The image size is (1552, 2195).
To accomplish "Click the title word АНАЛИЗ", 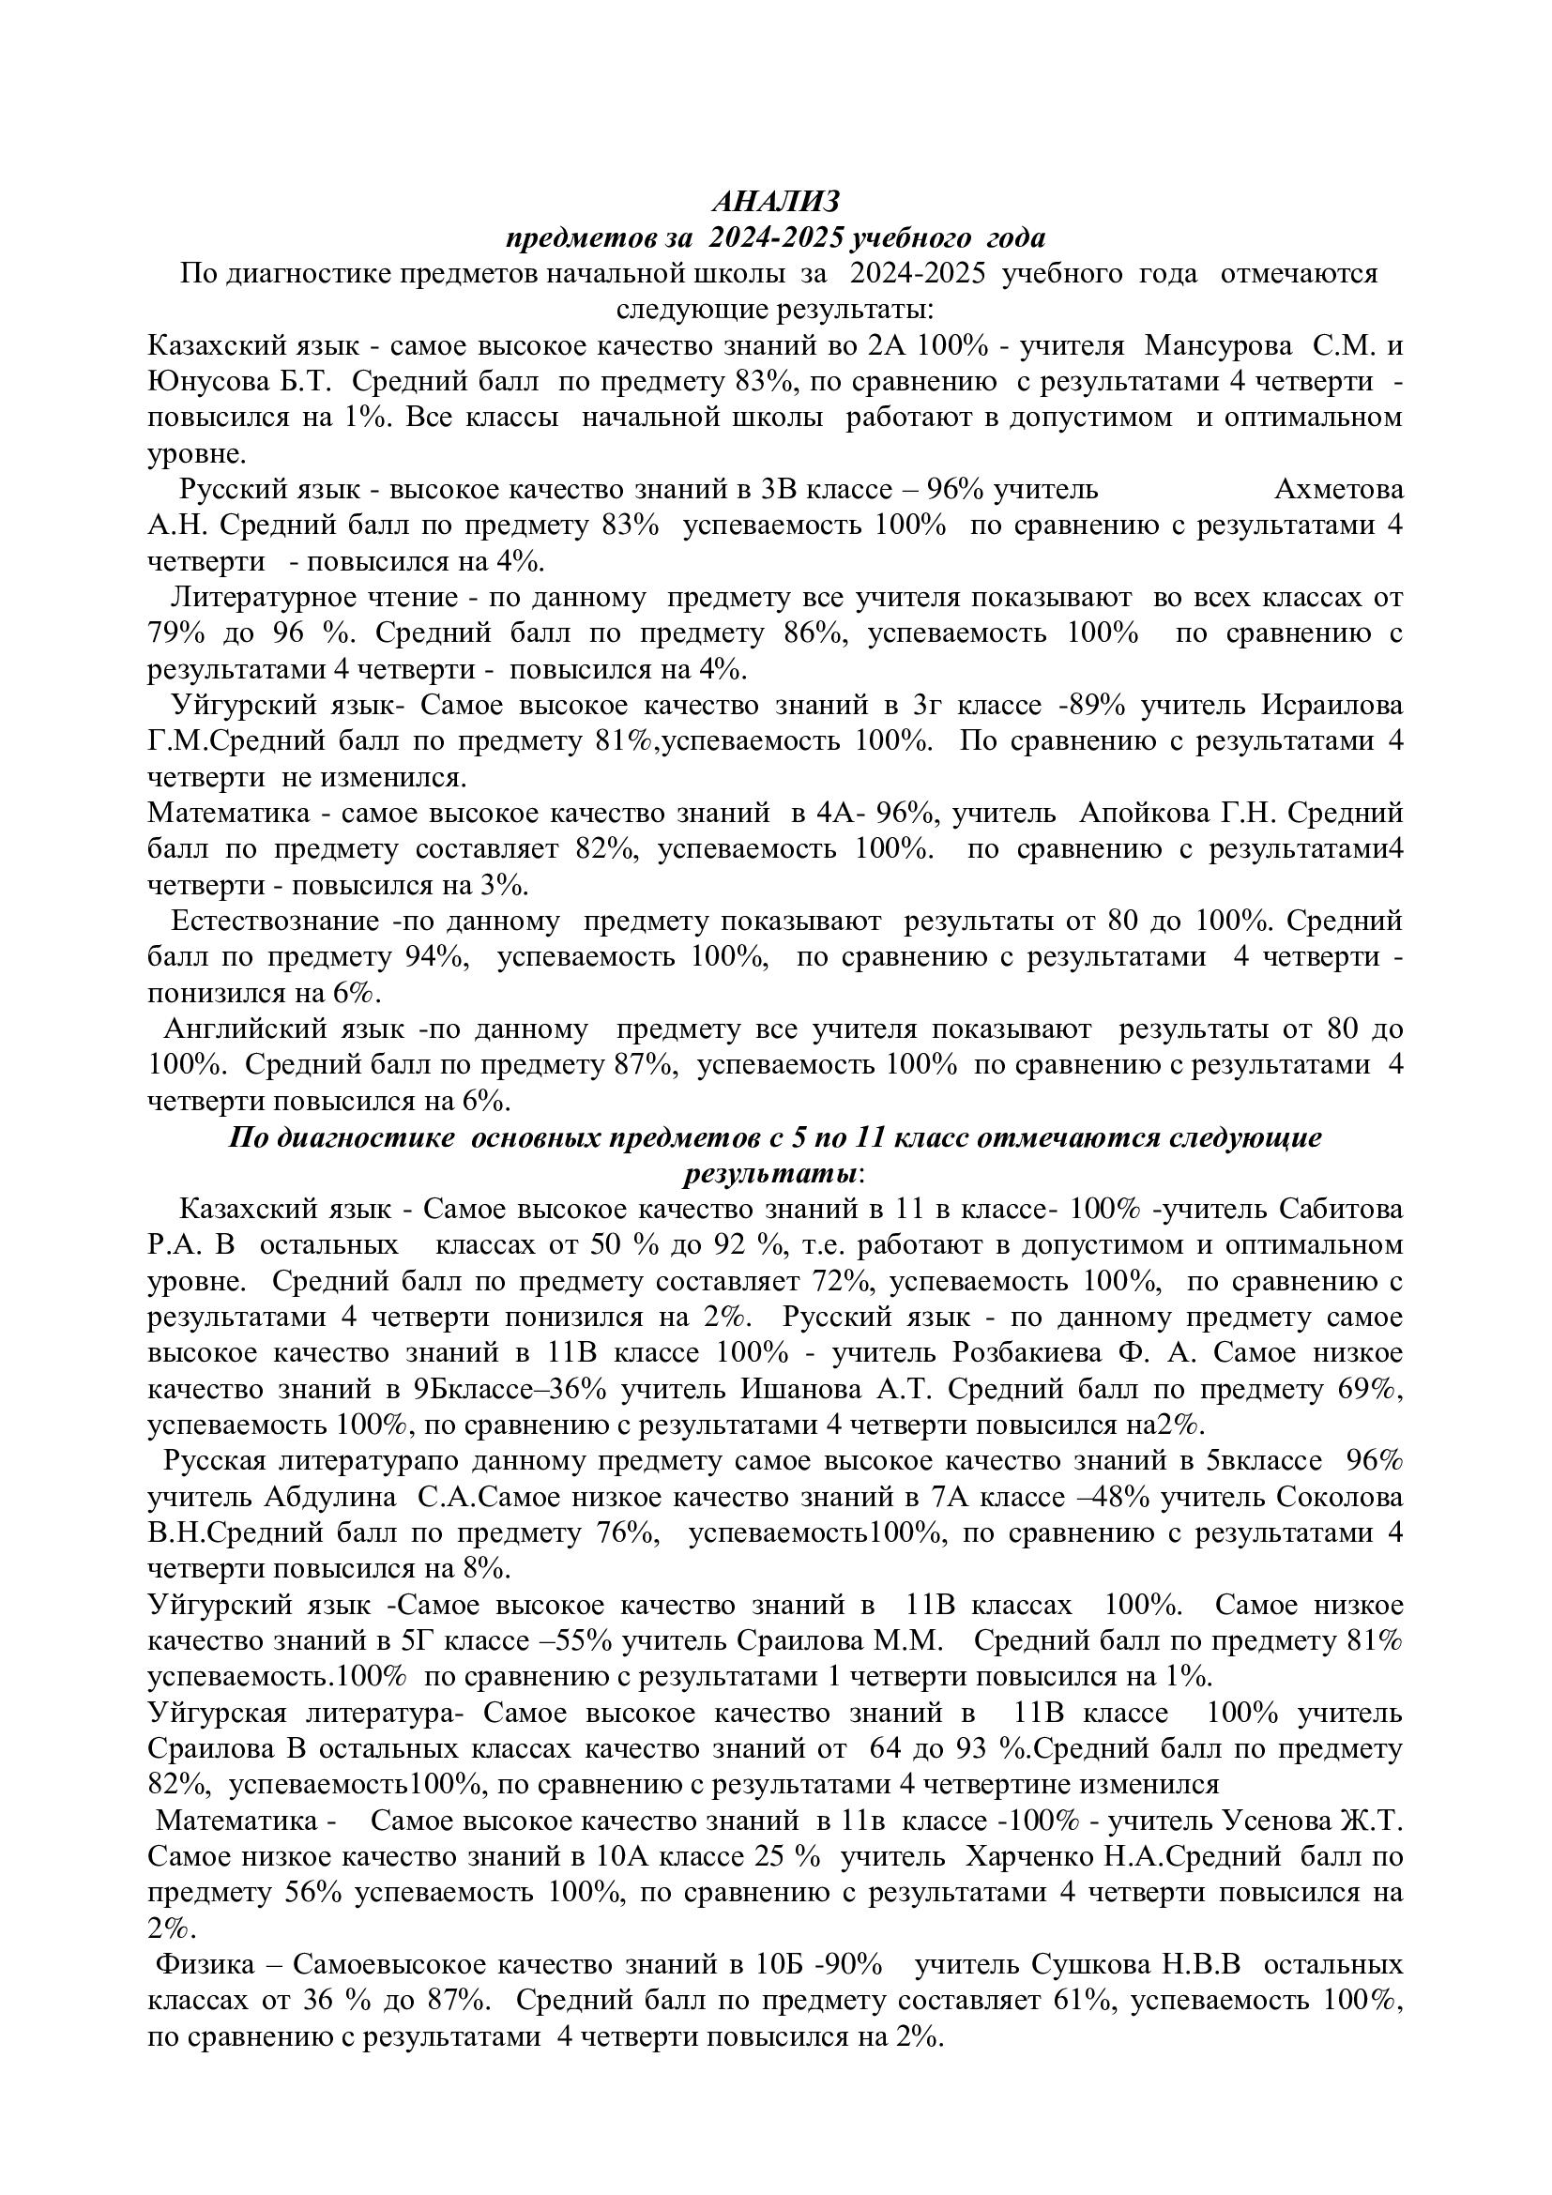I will pyautogui.click(x=776, y=202).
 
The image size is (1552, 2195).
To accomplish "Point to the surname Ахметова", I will pyautogui.click(x=1339, y=490).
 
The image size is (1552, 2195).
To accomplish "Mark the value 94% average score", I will pyautogui.click(x=429, y=957).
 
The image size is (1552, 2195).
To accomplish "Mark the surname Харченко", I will pyautogui.click(x=1031, y=1857).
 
